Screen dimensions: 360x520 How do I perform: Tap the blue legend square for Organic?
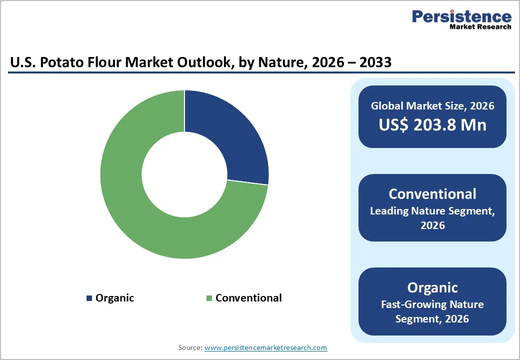(89, 298)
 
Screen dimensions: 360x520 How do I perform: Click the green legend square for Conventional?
(209, 298)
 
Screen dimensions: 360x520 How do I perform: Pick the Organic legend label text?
(114, 298)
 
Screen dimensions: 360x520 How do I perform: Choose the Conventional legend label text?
(248, 298)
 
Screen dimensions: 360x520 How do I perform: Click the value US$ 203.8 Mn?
(432, 124)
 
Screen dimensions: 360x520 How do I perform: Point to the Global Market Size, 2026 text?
(432, 105)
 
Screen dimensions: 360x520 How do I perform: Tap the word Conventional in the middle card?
(432, 194)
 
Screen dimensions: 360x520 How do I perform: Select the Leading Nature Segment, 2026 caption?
(432, 218)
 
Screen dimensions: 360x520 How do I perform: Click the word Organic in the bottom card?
(432, 287)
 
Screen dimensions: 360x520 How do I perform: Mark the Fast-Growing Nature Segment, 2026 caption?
(432, 311)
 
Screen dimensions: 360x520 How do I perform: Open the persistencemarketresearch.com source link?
(265, 347)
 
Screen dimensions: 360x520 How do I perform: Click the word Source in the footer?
(189, 347)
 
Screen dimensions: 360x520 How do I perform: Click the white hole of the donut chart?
(184, 174)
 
